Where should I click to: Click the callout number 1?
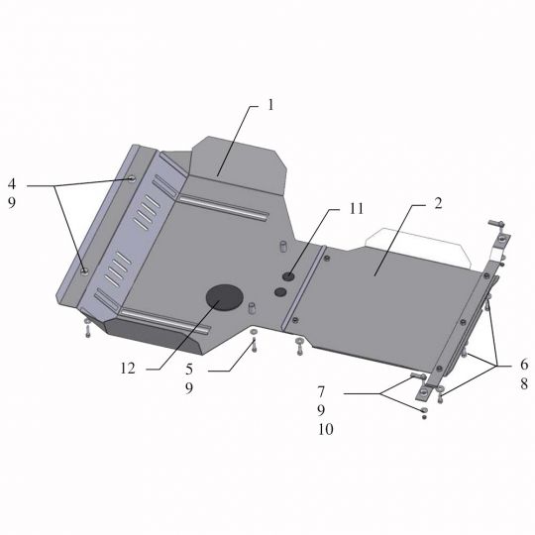270,105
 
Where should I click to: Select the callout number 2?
438,203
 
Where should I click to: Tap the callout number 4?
12,184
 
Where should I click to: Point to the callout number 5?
189,370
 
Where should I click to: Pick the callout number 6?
524,365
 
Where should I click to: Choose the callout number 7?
321,391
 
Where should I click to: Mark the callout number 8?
524,383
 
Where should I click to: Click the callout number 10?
326,429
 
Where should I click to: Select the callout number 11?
357,208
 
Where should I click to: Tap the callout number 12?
128,369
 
